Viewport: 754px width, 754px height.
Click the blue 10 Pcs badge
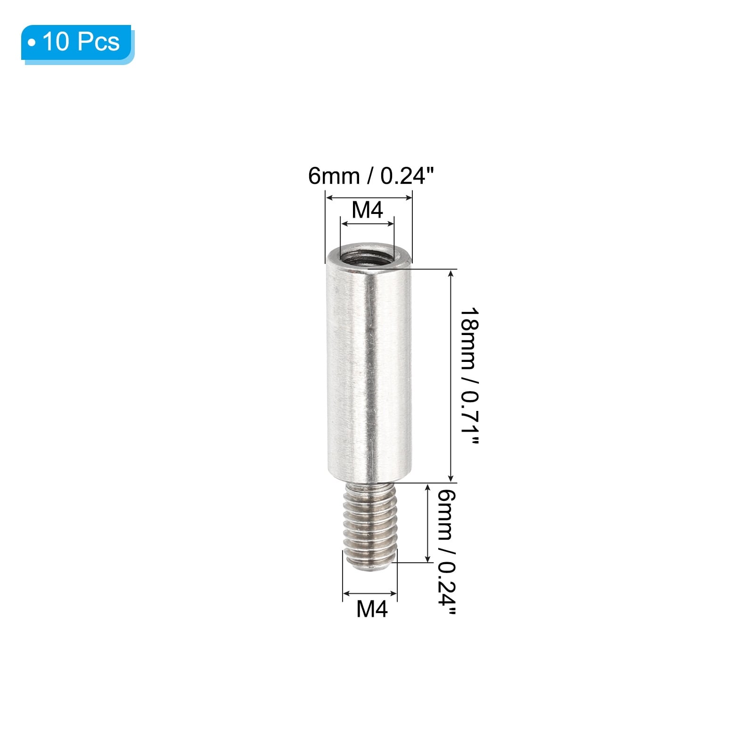pos(78,43)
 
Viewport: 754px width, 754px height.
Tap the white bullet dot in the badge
pos(32,43)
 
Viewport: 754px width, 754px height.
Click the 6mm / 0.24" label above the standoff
pos(370,176)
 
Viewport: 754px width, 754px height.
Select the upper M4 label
pos(368,210)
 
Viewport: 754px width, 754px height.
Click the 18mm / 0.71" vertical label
pos(469,376)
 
